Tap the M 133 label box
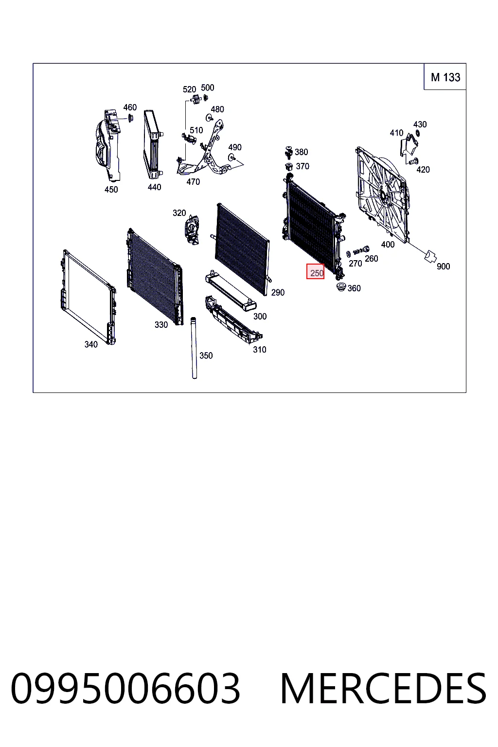[x=445, y=77]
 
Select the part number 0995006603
[x=125, y=689]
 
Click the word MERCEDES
[x=383, y=689]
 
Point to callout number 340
[x=91, y=344]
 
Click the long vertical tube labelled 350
[x=194, y=348]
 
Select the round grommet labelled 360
[x=341, y=287]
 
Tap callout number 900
[x=444, y=267]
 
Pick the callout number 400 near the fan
[x=388, y=245]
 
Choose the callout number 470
[x=193, y=182]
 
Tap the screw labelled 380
[x=288, y=152]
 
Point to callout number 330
[x=161, y=324]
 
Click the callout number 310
[x=260, y=350]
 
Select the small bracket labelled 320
[x=191, y=230]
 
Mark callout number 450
[x=111, y=189]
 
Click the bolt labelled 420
[x=413, y=161]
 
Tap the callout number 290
[x=278, y=292]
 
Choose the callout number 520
[x=190, y=89]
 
